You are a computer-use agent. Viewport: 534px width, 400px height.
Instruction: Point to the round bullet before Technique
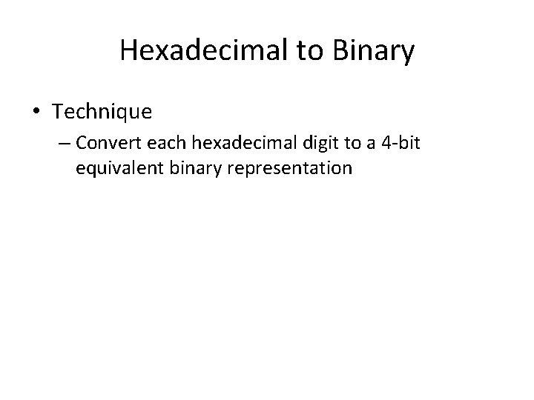tap(36, 113)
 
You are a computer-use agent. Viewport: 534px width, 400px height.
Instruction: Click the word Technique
tap(102, 112)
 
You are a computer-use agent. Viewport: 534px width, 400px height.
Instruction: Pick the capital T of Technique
tap(58, 112)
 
